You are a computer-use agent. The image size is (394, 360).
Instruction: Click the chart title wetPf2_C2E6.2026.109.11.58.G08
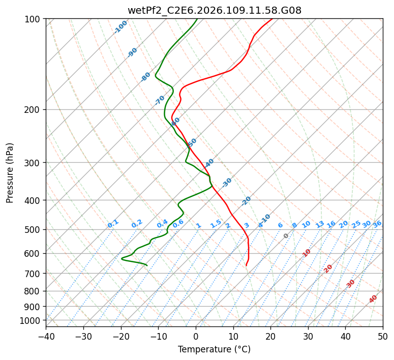click(x=214, y=9)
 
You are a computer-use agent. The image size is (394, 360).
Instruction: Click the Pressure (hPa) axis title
click(x=10, y=173)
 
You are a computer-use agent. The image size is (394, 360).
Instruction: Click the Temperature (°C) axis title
click(x=214, y=349)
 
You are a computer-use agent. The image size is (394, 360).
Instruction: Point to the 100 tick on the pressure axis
click(x=34, y=19)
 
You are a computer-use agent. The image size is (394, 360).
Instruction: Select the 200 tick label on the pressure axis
click(x=34, y=110)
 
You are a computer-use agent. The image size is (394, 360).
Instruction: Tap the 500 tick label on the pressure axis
click(x=34, y=230)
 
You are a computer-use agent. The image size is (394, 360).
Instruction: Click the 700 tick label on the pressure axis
click(x=34, y=274)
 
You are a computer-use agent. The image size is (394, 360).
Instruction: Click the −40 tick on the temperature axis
click(x=46, y=336)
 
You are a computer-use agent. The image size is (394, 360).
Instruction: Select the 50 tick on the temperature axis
click(x=383, y=336)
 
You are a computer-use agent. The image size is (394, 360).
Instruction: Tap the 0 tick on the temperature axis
click(x=196, y=336)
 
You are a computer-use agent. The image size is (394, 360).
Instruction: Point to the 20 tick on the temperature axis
click(x=270, y=336)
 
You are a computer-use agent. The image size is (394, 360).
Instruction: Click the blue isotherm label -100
click(x=121, y=26)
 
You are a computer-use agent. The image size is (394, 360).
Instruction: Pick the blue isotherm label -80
click(x=146, y=77)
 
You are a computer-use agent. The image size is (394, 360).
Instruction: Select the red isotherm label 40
click(x=373, y=299)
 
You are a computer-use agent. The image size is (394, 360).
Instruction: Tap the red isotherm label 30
click(x=351, y=284)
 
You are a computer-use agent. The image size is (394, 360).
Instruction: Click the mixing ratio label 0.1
click(x=113, y=224)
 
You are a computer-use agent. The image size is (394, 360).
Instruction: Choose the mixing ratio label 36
click(x=377, y=224)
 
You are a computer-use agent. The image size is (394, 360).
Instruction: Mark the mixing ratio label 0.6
click(x=178, y=224)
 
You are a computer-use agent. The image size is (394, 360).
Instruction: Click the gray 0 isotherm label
click(x=286, y=236)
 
